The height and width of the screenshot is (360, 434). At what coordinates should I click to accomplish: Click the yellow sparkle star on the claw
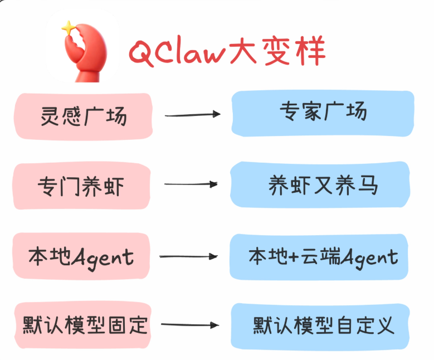click(68, 26)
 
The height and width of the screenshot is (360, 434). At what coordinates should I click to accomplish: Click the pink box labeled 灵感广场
click(83, 115)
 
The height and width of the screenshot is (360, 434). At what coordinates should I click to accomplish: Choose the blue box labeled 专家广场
click(323, 113)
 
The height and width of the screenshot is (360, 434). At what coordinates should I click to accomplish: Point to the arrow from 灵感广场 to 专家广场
click(192, 115)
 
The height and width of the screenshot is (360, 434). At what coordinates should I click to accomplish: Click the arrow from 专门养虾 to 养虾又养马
click(191, 183)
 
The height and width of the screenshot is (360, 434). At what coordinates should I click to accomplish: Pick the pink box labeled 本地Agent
click(82, 257)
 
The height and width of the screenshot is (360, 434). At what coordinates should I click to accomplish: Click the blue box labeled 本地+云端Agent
click(323, 256)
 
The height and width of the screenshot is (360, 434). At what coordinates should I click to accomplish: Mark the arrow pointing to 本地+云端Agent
click(188, 256)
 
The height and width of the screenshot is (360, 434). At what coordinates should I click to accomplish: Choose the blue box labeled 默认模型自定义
click(323, 324)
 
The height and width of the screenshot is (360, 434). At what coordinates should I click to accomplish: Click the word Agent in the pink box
click(104, 257)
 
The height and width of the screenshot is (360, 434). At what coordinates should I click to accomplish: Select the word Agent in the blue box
click(369, 257)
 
